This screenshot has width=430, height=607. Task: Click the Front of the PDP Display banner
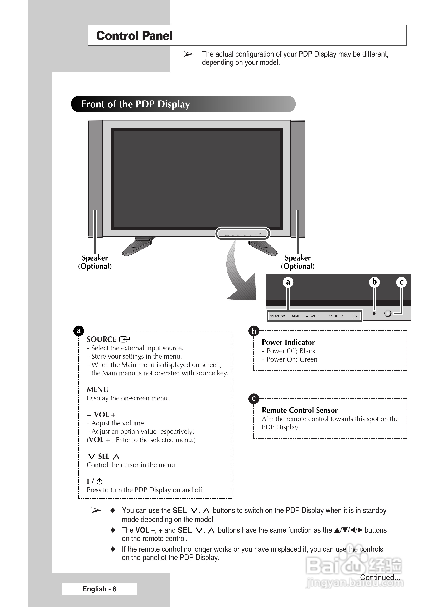pyautogui.click(x=135, y=104)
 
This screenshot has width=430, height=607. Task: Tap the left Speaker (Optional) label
pyautogui.click(x=95, y=262)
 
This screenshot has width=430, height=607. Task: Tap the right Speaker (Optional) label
pyautogui.click(x=298, y=262)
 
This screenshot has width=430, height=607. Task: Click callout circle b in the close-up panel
pyautogui.click(x=374, y=282)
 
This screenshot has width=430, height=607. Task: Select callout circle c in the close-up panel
pyautogui.click(x=401, y=282)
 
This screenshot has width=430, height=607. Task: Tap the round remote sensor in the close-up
pyautogui.click(x=387, y=313)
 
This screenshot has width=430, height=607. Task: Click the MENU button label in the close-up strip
pyautogui.click(x=295, y=316)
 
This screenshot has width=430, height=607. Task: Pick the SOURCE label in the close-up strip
pyautogui.click(x=275, y=316)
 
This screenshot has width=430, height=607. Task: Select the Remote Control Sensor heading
pyautogui.click(x=299, y=410)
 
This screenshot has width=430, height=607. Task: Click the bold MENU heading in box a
pyautogui.click(x=98, y=389)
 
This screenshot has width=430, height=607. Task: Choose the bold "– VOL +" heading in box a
pyautogui.click(x=101, y=415)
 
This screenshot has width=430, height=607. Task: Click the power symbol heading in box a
pyautogui.click(x=95, y=482)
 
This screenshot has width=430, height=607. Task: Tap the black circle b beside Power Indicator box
pyautogui.click(x=254, y=331)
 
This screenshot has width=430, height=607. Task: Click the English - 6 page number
pyautogui.click(x=99, y=589)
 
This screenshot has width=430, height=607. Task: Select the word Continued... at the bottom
pyautogui.click(x=380, y=577)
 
